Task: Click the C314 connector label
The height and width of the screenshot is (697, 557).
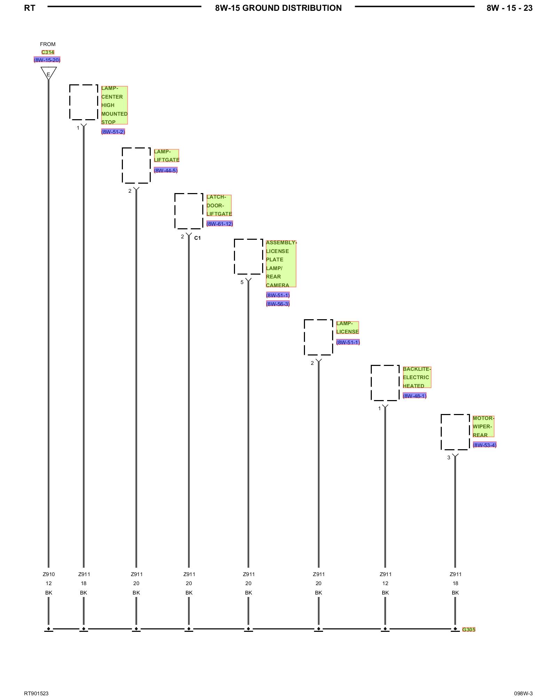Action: pos(48,52)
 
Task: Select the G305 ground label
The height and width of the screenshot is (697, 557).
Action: pos(469,629)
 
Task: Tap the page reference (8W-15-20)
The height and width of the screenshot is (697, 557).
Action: pos(47,60)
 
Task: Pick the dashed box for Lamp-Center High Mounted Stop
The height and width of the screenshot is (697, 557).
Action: pos(84,102)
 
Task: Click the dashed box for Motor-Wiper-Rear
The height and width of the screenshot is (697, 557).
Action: pos(455,432)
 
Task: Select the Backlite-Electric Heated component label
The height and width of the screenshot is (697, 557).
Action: pos(417,377)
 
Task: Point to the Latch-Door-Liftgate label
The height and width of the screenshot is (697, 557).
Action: pos(219,205)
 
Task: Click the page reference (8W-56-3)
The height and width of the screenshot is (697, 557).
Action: pos(278,304)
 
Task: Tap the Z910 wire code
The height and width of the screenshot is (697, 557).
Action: pos(49,574)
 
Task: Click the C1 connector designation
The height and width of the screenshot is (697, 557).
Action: pos(197,238)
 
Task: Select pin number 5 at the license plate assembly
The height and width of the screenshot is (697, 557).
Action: pos(242,282)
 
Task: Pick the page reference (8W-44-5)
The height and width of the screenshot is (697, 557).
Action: pos(166,170)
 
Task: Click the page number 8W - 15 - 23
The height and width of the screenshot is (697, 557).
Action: pos(509,8)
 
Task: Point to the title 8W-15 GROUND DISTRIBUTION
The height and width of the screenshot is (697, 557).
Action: pos(278,8)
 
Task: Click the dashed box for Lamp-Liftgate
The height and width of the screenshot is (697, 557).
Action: pos(136,165)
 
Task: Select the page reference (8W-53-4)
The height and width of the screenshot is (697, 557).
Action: pos(485,445)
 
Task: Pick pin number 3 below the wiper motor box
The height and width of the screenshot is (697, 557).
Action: pos(449,458)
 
